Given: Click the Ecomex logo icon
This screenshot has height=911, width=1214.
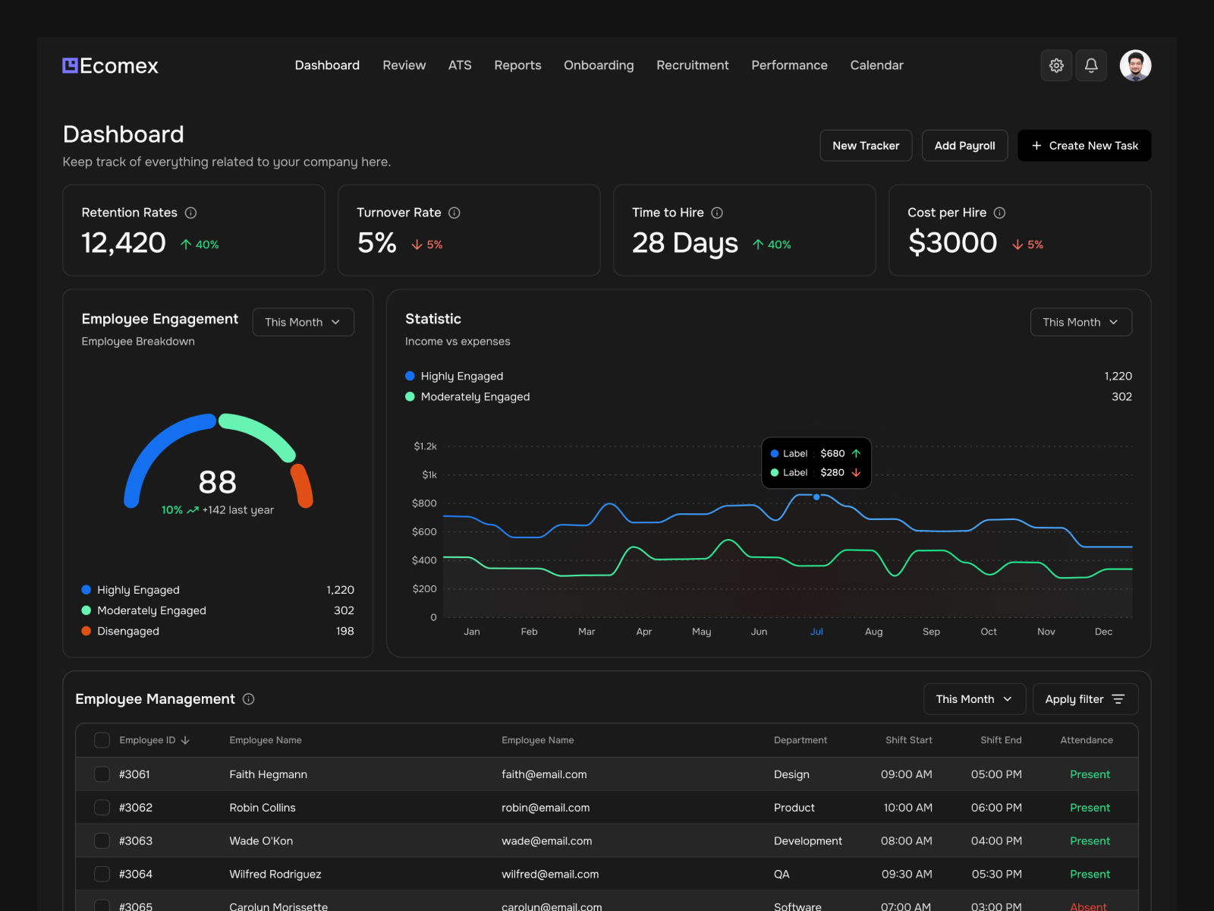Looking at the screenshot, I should pyautogui.click(x=70, y=65).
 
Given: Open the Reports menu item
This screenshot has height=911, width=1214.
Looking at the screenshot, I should pyautogui.click(x=517, y=65).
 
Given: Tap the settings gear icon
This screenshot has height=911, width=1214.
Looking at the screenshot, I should pyautogui.click(x=1056, y=65).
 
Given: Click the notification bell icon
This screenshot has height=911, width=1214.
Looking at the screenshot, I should pyautogui.click(x=1091, y=65).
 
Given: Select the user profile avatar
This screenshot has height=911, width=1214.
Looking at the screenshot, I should pyautogui.click(x=1135, y=65).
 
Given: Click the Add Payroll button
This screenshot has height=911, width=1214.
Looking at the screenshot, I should pyautogui.click(x=964, y=146).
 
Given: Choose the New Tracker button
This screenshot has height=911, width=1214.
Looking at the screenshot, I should pyautogui.click(x=866, y=146).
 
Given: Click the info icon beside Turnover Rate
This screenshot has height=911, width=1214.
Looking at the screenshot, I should pyautogui.click(x=454, y=213).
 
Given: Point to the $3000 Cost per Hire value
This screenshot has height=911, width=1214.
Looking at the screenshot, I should pyautogui.click(x=952, y=243).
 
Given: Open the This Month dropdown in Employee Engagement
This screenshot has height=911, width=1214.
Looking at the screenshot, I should pyautogui.click(x=303, y=322).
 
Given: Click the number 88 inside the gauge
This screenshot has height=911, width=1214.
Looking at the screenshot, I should pyautogui.click(x=218, y=482).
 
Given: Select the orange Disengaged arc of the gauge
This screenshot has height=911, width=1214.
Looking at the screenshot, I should pyautogui.click(x=302, y=486).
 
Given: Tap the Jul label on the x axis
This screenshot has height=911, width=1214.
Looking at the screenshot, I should pyautogui.click(x=816, y=632).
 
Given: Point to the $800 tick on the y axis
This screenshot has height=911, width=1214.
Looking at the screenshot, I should pyautogui.click(x=424, y=503).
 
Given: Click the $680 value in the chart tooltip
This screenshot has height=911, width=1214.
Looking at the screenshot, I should pyautogui.click(x=832, y=453).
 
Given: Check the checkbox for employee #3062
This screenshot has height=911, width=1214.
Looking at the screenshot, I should pyautogui.click(x=102, y=808).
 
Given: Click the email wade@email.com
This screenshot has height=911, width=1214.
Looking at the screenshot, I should pyautogui.click(x=546, y=841).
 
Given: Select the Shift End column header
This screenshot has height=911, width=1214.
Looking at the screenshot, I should pyautogui.click(x=1001, y=740).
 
